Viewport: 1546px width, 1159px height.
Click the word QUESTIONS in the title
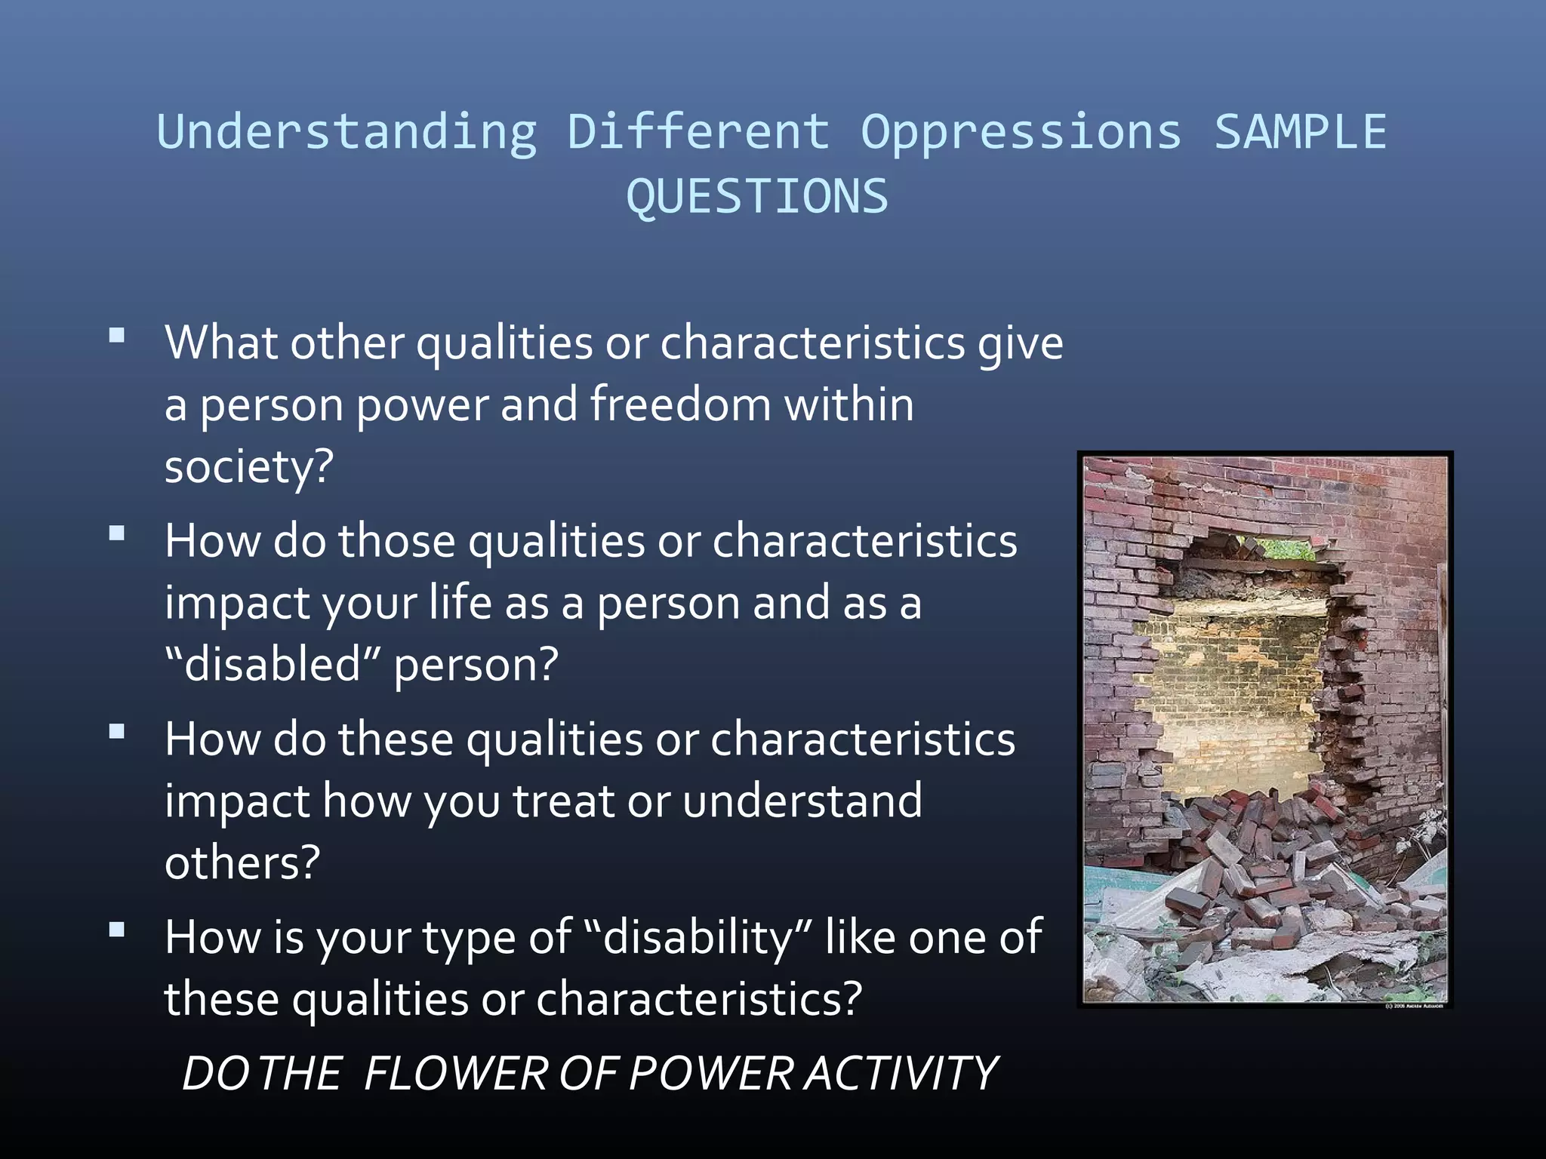tap(757, 198)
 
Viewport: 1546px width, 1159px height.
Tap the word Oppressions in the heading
tap(1021, 132)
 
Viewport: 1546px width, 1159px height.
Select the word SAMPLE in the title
tap(1300, 132)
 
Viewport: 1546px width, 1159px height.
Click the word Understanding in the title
tap(346, 132)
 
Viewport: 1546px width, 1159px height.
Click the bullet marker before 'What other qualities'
tap(117, 336)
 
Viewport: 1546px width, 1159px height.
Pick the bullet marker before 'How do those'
tap(117, 534)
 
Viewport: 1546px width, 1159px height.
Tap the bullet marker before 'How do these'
tap(117, 732)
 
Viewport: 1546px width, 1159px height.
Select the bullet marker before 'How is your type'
tap(117, 930)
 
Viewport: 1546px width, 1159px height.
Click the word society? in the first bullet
tap(248, 467)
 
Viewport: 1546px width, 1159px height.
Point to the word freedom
tap(680, 404)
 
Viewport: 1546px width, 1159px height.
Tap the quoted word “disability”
tap(698, 938)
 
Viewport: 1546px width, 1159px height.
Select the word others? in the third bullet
tap(242, 862)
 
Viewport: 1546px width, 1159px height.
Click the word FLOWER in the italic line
tap(455, 1074)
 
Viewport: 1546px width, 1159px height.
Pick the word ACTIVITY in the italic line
tap(901, 1074)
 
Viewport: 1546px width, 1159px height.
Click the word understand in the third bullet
tap(802, 801)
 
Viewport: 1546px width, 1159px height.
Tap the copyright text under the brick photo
tap(1413, 1006)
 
